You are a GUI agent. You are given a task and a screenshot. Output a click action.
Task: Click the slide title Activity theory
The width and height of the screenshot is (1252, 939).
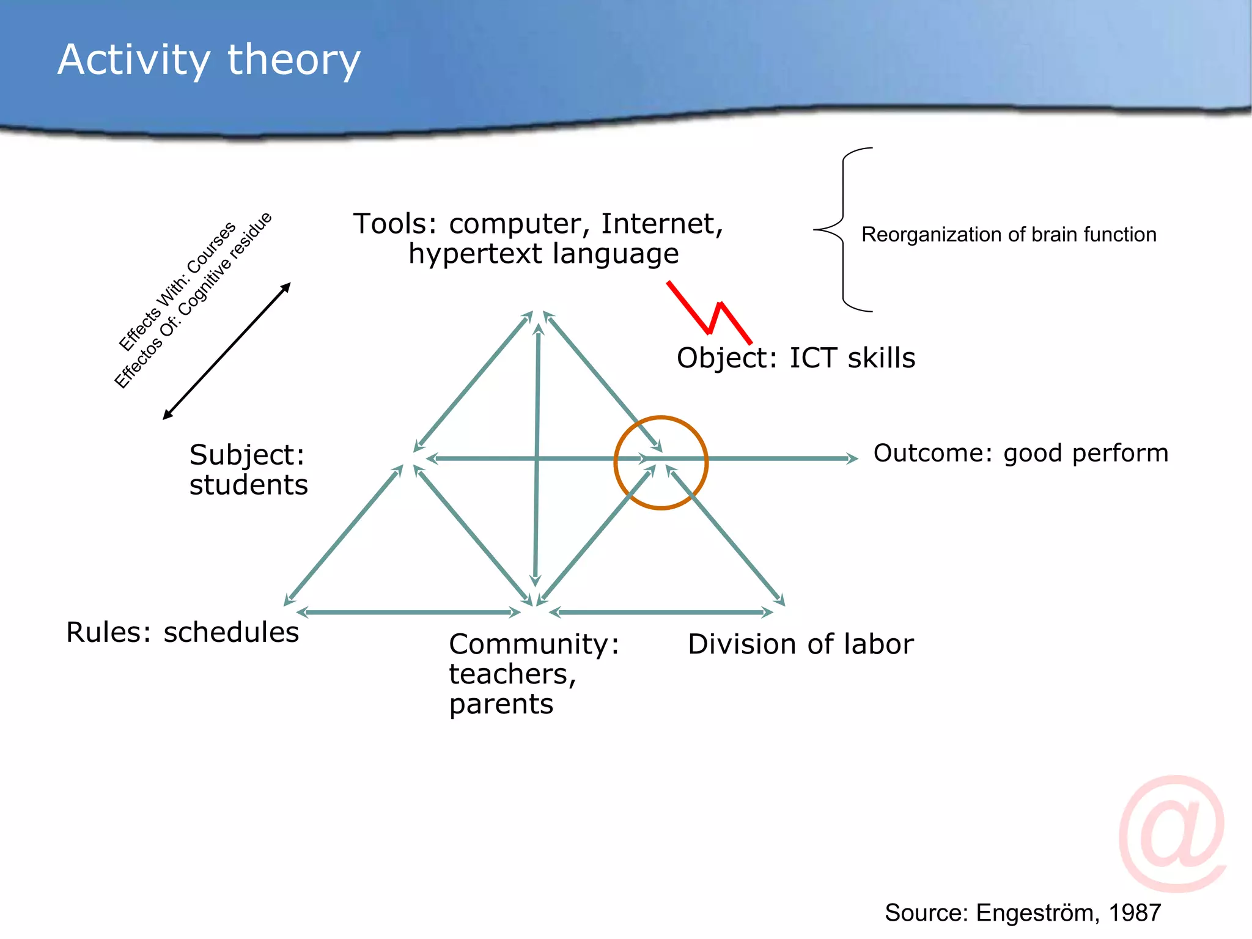pyautogui.click(x=209, y=60)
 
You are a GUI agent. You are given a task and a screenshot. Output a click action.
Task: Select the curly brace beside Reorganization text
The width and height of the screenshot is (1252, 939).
pyautogui.click(x=842, y=230)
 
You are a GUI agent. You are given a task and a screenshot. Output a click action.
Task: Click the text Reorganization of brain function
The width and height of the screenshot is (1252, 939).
pyautogui.click(x=1009, y=235)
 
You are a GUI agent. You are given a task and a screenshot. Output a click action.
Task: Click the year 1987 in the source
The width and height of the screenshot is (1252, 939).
pyautogui.click(x=1135, y=913)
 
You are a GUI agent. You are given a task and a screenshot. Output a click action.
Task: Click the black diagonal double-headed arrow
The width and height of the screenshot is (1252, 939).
pyautogui.click(x=227, y=351)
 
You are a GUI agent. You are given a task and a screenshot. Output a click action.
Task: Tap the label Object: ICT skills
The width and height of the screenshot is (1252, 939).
pyautogui.click(x=795, y=358)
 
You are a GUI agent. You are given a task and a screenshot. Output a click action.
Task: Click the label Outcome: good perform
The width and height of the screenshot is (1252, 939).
pyautogui.click(x=1020, y=453)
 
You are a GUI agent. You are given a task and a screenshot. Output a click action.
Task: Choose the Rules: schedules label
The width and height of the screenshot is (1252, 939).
pyautogui.click(x=182, y=632)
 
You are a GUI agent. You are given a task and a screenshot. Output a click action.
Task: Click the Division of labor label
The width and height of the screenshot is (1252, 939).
pyautogui.click(x=800, y=644)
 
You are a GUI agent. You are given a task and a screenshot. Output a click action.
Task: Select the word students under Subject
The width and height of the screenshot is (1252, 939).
pyautogui.click(x=248, y=485)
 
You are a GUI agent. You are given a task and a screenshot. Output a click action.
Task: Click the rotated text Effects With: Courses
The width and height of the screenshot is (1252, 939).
pyautogui.click(x=177, y=286)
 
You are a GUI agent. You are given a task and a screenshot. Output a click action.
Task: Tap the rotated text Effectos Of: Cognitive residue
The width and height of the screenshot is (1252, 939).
pyautogui.click(x=193, y=300)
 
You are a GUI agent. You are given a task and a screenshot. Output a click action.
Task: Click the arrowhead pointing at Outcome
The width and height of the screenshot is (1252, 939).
pyautogui.click(x=852, y=458)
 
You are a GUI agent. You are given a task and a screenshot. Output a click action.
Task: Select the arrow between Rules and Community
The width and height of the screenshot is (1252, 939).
pyautogui.click(x=408, y=612)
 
